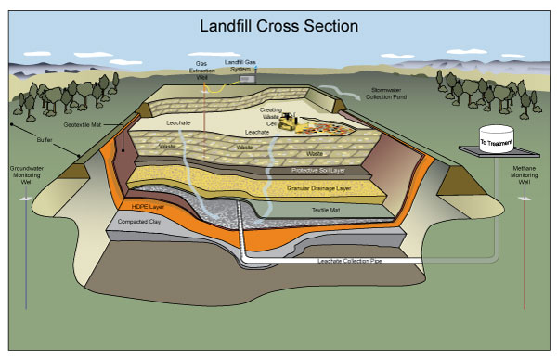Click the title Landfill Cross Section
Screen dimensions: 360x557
(278, 26)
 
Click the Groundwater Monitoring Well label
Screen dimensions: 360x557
(27, 176)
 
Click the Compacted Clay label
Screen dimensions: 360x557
(136, 224)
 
